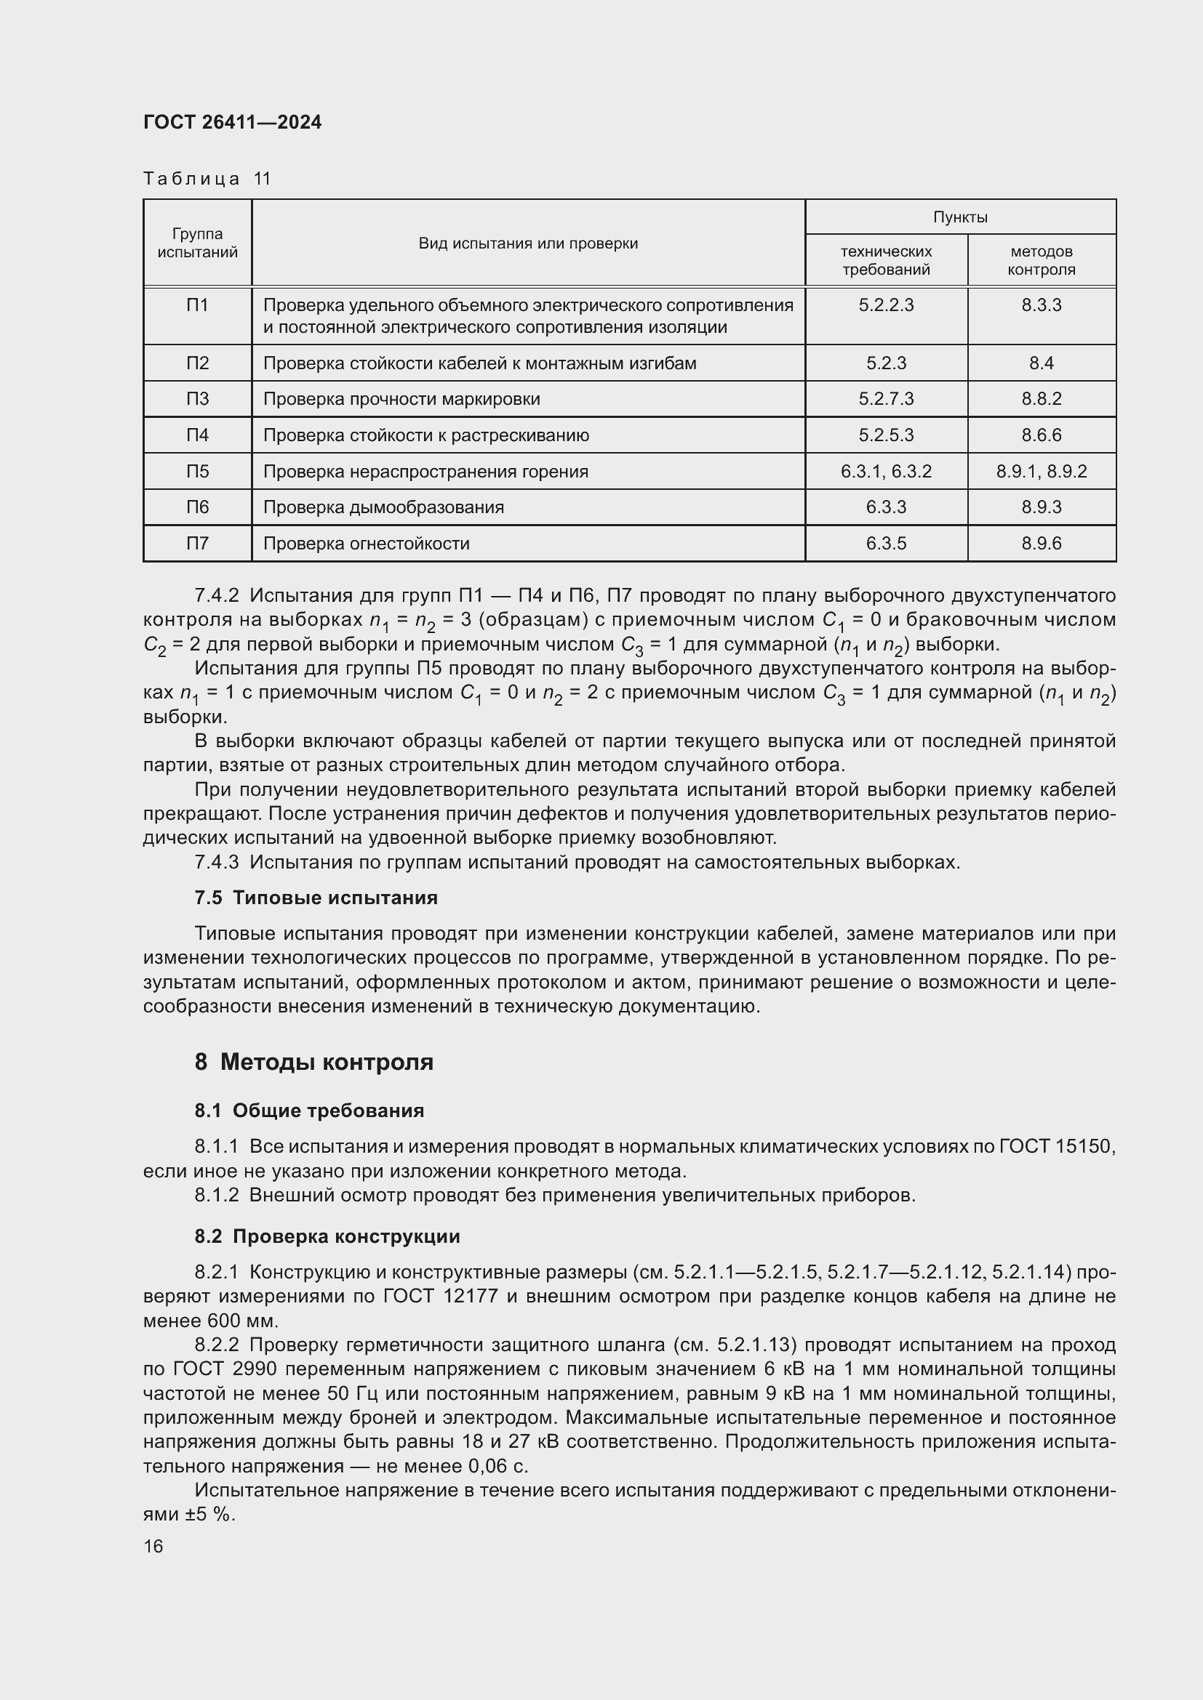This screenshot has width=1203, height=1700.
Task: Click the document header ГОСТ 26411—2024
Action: click(x=233, y=122)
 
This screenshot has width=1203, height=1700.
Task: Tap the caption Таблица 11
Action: click(x=207, y=179)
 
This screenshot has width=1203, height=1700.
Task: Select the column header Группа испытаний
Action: click(x=197, y=243)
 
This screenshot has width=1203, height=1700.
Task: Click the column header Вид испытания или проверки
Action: click(x=528, y=243)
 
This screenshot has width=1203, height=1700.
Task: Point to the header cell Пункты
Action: click(x=960, y=217)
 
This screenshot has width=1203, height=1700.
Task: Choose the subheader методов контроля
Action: click(x=1041, y=261)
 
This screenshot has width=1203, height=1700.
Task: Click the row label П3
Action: click(x=197, y=399)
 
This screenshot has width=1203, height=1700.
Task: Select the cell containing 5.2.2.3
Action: click(x=886, y=305)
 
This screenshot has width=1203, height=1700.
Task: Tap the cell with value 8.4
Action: click(x=1041, y=363)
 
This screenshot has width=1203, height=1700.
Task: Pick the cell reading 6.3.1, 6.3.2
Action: click(x=886, y=472)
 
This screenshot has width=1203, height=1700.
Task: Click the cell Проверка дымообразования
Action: click(x=384, y=507)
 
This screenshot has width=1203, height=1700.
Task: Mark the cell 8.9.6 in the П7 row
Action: click(x=1041, y=544)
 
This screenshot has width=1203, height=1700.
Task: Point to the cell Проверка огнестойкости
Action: click(x=367, y=544)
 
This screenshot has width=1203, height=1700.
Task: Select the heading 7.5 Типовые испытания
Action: click(x=316, y=898)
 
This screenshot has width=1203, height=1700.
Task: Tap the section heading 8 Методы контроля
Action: click(x=314, y=1063)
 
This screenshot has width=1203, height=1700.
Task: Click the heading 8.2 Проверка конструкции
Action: click(x=327, y=1236)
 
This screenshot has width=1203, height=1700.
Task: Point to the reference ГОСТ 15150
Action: click(x=1056, y=1147)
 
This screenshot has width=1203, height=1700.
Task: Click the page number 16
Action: click(x=153, y=1547)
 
